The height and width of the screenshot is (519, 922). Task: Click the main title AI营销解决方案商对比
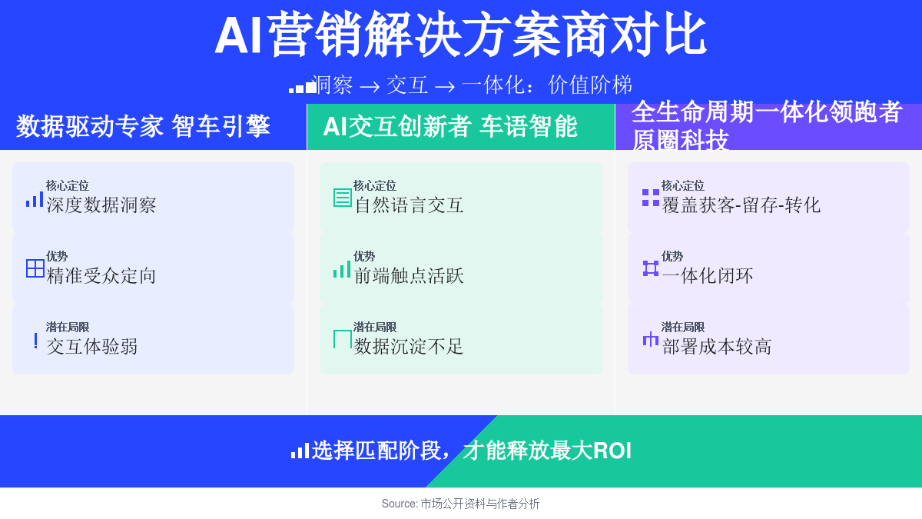pos(460,34)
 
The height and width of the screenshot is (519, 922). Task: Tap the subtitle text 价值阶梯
pos(590,85)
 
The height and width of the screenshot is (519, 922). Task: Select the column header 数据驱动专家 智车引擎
pos(143,126)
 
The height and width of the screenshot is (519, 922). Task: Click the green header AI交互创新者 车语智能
pos(450,126)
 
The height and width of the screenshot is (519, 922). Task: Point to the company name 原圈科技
pos(681,141)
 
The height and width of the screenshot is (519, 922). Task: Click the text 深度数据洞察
pos(101,205)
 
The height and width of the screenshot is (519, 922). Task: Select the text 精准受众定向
pos(101,276)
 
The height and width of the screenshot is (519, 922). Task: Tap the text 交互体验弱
pos(91,347)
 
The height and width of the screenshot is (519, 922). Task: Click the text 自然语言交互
pos(409,205)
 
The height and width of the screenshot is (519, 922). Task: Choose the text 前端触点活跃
pos(409,276)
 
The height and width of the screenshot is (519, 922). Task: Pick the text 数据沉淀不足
pos(409,347)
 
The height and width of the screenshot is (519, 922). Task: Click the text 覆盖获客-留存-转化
pos(741,205)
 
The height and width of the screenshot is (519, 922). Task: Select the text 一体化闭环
pos(708,276)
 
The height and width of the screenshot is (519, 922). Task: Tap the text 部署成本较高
pos(717,347)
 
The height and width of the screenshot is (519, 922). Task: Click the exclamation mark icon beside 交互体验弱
pos(36,341)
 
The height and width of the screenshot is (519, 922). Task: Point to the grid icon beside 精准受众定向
pos(35,268)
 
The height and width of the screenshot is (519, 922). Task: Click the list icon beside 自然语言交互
pos(343,198)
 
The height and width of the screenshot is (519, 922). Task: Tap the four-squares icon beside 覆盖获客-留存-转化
pos(651,198)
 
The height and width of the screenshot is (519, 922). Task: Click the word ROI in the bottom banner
pos(612,451)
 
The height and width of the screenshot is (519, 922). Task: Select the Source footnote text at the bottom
pos(460,504)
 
